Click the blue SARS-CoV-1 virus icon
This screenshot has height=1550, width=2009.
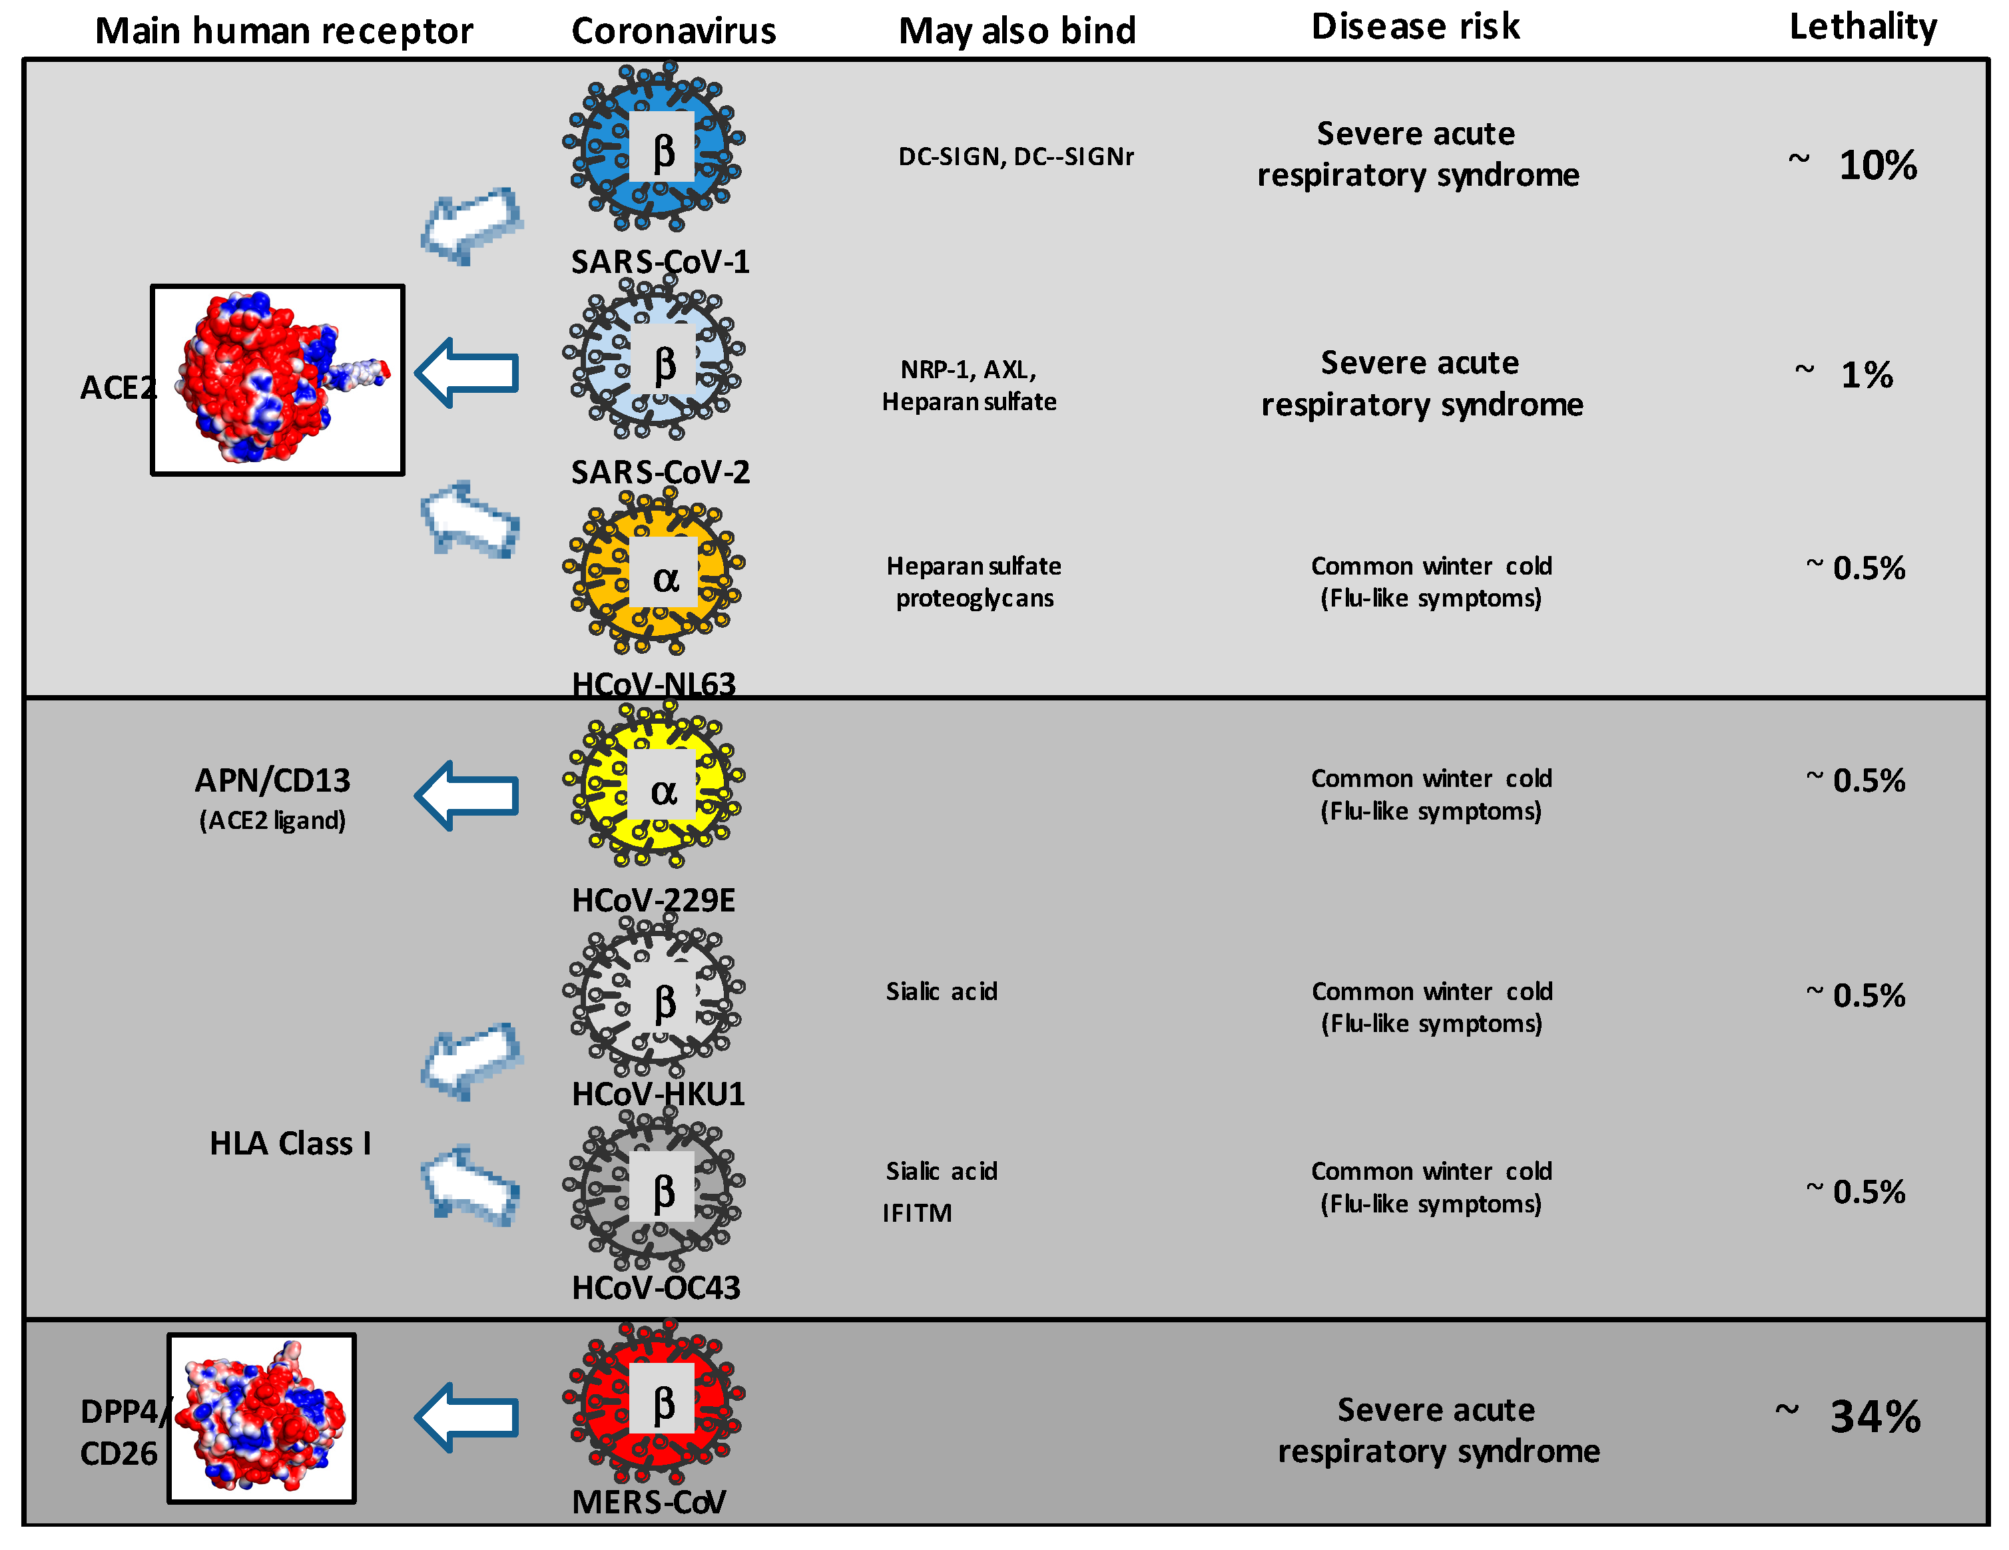click(654, 146)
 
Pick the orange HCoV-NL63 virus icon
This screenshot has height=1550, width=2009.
click(654, 572)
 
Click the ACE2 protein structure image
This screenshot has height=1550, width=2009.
click(278, 380)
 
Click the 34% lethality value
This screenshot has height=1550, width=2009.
click(1874, 1418)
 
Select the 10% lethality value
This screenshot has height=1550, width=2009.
click(1877, 166)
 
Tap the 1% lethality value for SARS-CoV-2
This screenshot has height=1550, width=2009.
click(1866, 376)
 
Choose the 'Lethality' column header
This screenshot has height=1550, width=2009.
click(1863, 27)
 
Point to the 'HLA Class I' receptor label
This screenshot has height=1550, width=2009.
click(290, 1143)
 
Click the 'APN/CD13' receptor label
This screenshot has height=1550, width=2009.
click(272, 781)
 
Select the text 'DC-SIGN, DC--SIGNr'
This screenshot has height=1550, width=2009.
click(1015, 157)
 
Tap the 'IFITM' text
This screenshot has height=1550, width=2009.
click(917, 1213)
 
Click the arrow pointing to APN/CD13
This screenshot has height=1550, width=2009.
click(467, 796)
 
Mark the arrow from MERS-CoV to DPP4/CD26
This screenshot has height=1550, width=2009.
click(467, 1418)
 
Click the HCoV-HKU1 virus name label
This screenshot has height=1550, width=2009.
click(658, 1094)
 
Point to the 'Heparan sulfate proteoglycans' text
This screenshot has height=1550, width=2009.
click(974, 583)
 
